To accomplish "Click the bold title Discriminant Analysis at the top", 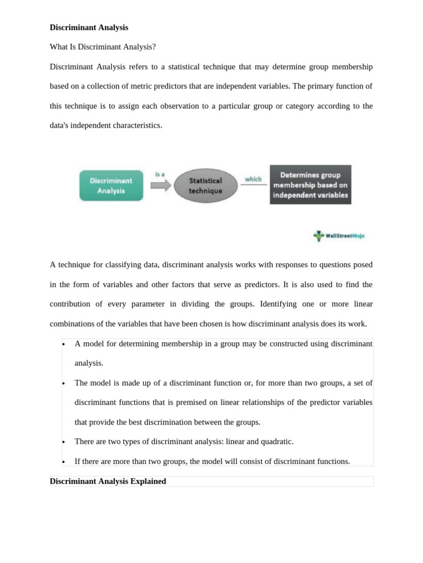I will pyautogui.click(x=89, y=27).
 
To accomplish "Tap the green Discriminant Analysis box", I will pyautogui.click(x=111, y=185).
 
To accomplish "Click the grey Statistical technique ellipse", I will pyautogui.click(x=205, y=185).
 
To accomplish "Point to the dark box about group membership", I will pyautogui.click(x=310, y=185).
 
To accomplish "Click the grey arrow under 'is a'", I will pyautogui.click(x=161, y=185).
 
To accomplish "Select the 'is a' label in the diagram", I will pyautogui.click(x=160, y=174).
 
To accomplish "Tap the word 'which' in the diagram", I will pyautogui.click(x=253, y=179).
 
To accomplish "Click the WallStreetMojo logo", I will pyautogui.click(x=339, y=236).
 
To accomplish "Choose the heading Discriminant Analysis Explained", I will pyautogui.click(x=108, y=481).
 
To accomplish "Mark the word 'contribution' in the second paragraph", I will pyautogui.click(x=71, y=304).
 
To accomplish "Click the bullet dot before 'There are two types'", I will pyautogui.click(x=64, y=442).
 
